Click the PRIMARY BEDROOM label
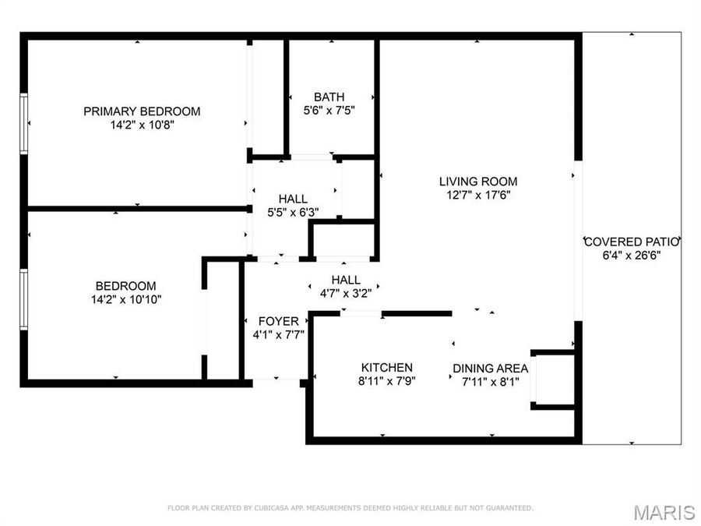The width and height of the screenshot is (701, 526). click(x=142, y=111)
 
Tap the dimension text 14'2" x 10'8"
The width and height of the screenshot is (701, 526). click(x=142, y=124)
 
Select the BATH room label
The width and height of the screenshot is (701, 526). click(x=329, y=97)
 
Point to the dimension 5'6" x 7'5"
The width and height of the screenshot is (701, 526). click(x=329, y=111)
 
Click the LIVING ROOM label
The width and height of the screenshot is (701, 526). click(x=477, y=182)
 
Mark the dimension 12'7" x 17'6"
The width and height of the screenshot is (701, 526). click(x=477, y=195)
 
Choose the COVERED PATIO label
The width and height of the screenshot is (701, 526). click(x=632, y=242)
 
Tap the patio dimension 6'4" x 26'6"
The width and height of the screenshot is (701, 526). click(x=632, y=255)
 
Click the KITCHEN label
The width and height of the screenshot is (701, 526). click(x=386, y=368)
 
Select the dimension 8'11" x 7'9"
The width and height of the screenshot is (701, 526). click(x=386, y=381)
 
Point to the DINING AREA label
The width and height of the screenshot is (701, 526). click(x=491, y=369)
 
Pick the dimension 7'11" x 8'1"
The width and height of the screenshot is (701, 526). click(x=491, y=381)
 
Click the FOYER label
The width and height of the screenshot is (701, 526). click(x=278, y=321)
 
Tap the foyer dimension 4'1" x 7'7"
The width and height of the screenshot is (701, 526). click(x=278, y=334)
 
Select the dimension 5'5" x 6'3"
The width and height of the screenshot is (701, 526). click(x=292, y=212)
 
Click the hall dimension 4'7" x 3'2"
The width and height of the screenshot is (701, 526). click(x=346, y=293)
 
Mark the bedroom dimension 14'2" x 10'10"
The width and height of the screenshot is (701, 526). click(x=125, y=298)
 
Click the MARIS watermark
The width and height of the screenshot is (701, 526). click(x=664, y=512)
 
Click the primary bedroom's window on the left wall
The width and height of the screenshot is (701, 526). click(x=24, y=122)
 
